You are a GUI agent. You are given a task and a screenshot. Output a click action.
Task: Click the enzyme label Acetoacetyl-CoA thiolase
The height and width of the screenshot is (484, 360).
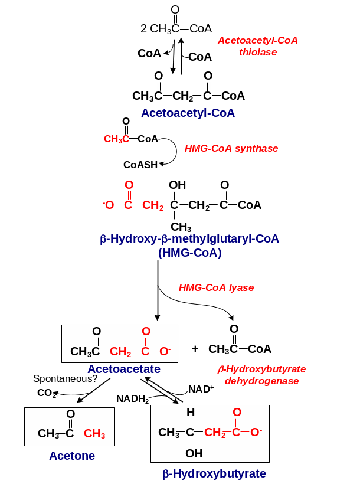point(258,46)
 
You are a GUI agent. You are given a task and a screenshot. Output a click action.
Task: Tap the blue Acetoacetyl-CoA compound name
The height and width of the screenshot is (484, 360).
point(188,113)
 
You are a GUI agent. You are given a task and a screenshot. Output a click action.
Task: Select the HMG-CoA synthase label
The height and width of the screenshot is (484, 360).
point(231,149)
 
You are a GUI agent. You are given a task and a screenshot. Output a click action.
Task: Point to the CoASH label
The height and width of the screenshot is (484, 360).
point(140,165)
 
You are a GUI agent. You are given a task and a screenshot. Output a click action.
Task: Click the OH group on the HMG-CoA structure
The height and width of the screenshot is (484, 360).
point(177,185)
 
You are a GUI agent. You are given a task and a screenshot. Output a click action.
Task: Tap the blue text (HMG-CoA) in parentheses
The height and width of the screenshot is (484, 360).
point(189,253)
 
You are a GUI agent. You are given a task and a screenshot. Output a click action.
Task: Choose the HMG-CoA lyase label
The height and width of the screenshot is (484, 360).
point(216,288)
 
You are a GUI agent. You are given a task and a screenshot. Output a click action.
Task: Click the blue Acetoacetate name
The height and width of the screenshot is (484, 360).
point(124,369)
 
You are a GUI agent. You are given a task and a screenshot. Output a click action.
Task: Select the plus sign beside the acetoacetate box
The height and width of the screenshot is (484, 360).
point(195,349)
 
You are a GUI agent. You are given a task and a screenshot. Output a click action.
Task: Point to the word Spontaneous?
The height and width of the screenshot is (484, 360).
point(65,378)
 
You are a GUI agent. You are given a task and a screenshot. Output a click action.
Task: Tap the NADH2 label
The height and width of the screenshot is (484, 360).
point(133,398)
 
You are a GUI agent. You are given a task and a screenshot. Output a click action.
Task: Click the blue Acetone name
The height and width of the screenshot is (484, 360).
point(72,456)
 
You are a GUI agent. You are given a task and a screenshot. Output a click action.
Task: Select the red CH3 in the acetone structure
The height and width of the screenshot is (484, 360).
point(94,434)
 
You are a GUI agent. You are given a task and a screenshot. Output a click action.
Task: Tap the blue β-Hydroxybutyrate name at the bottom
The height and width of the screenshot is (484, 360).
point(214,473)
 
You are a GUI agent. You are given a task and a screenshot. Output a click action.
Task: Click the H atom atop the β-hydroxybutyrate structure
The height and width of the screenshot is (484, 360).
point(190,412)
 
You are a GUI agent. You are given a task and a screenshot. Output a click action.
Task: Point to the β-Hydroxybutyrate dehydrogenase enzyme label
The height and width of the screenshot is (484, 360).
point(261,375)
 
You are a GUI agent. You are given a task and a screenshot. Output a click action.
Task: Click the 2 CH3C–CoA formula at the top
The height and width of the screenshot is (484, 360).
point(176,28)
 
